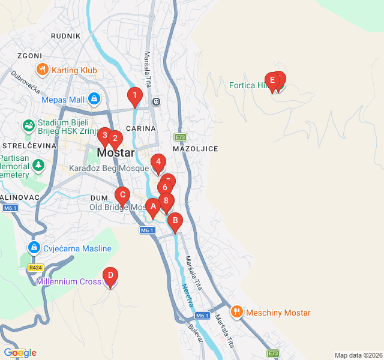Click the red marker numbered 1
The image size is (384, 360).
pos(134,95)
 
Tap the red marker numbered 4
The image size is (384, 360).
pos(158,162)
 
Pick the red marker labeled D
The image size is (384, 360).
pos(110,275)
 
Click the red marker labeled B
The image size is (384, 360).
pos(175,221)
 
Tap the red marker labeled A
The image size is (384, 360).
pos(153,206)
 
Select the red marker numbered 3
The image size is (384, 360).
pos(104,136)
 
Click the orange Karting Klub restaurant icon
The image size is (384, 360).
pos(42,70)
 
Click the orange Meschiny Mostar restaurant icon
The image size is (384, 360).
pos(237,312)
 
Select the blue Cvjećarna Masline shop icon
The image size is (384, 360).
pos(34,248)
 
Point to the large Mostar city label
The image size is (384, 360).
pos(116,152)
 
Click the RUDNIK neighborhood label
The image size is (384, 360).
pos(66,36)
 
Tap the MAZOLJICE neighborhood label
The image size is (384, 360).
pos(195,148)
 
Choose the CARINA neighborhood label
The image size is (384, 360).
pos(141,128)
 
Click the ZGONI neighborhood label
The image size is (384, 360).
pos(29,56)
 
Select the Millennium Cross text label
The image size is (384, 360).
pos(68,281)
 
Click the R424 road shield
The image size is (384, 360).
pos(35,268)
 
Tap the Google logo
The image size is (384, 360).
pos(20,353)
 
